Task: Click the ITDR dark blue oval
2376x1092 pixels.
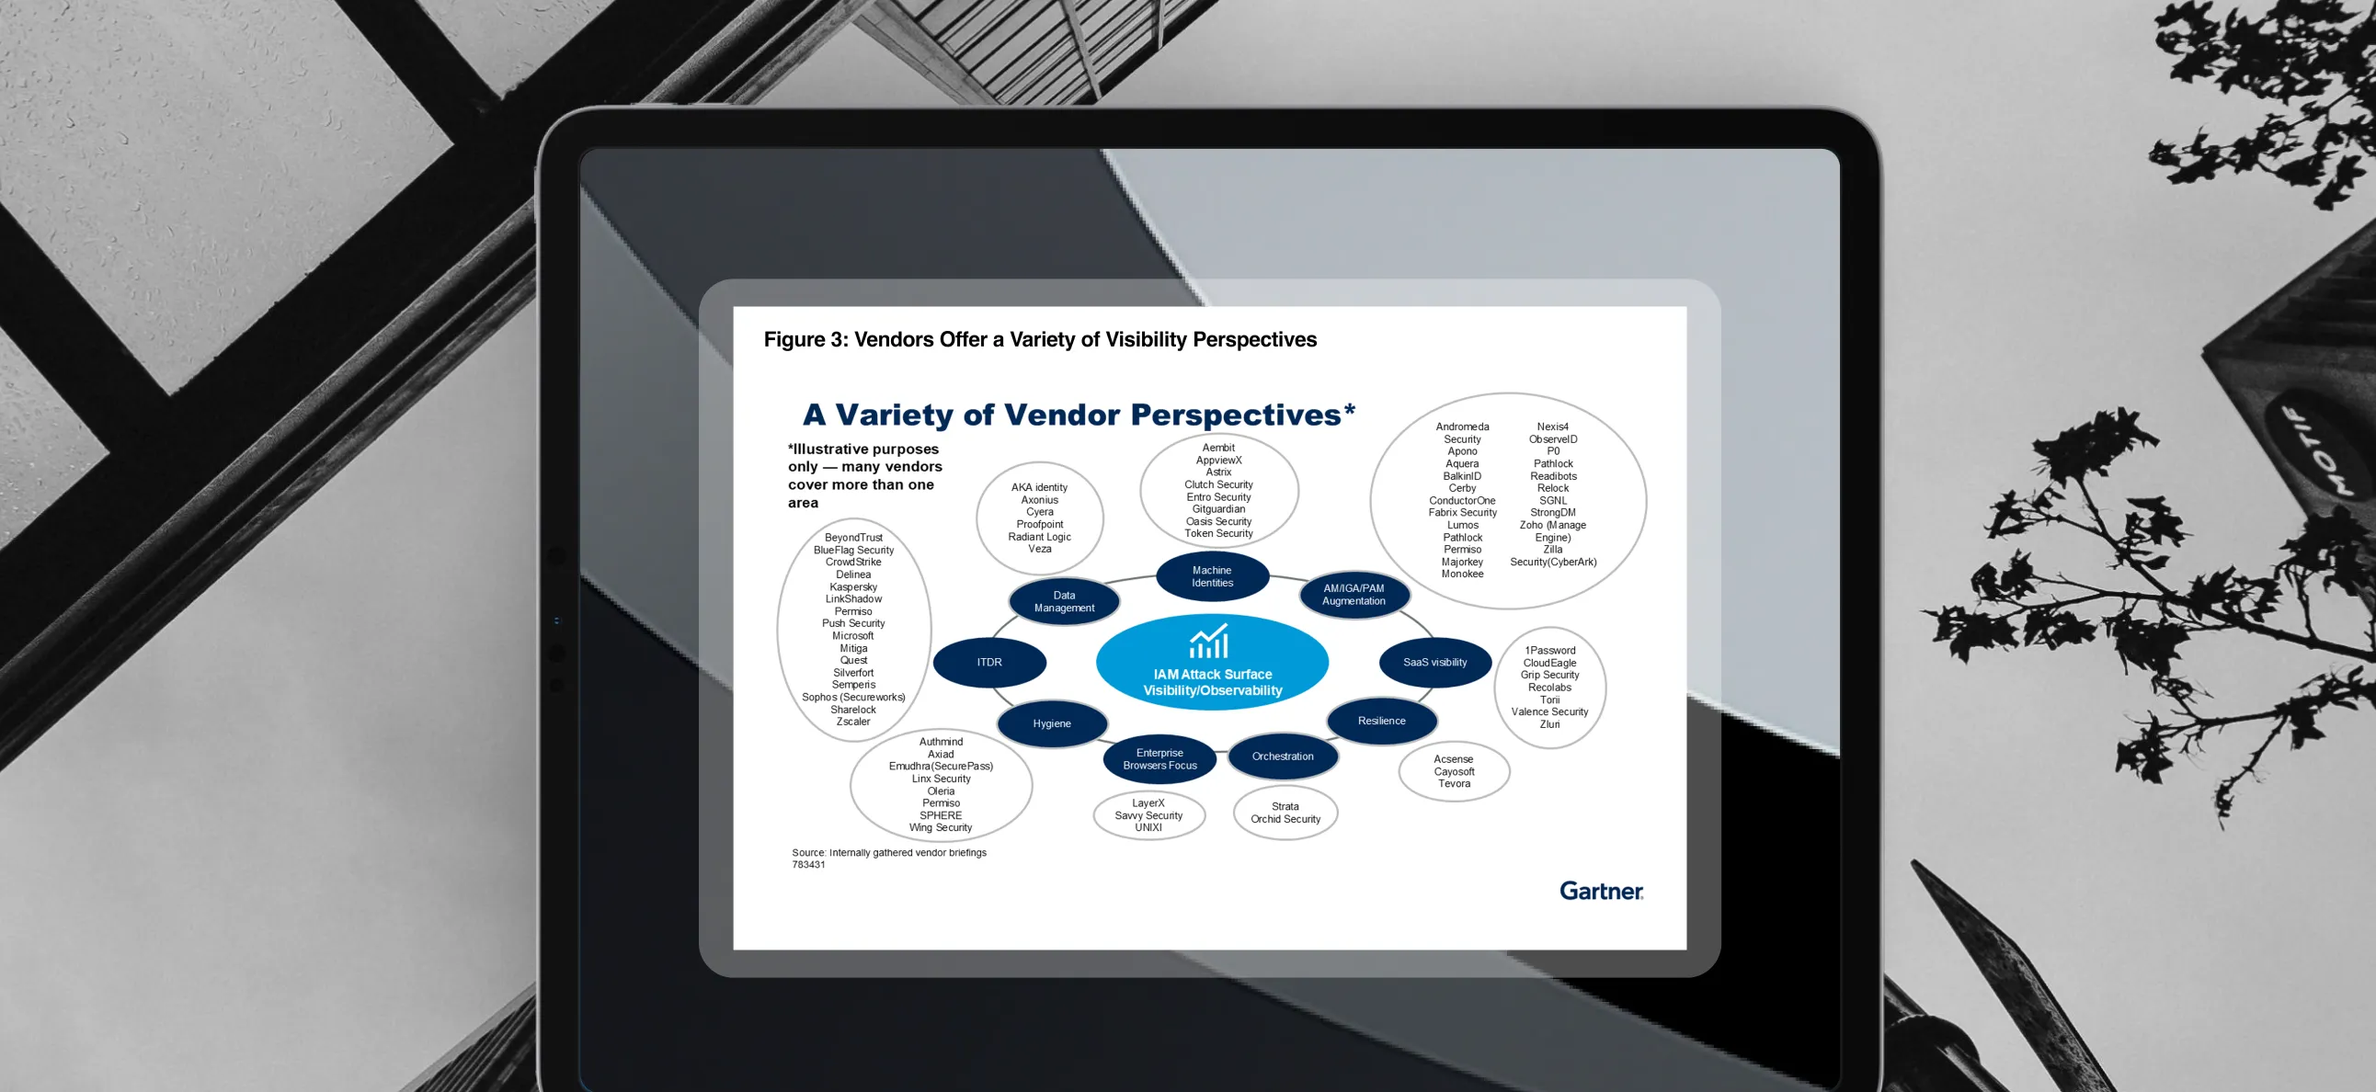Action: click(988, 662)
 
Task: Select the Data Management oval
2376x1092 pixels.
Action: click(1064, 601)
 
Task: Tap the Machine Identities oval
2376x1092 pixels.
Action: click(1212, 576)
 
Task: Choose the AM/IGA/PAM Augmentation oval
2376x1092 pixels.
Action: click(1354, 595)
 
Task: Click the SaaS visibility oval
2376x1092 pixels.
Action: click(1434, 662)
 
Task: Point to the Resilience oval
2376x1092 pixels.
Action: click(1381, 722)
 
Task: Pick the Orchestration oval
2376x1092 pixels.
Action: click(1282, 756)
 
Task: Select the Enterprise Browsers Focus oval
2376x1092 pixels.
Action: click(1159, 759)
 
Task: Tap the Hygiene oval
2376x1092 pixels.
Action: click(1052, 724)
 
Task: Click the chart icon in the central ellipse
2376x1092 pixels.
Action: click(1209, 642)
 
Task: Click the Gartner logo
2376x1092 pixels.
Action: click(1600, 891)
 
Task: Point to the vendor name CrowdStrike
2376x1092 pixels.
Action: click(853, 562)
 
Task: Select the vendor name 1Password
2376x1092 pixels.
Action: click(1549, 650)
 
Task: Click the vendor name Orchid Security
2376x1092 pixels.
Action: click(1285, 819)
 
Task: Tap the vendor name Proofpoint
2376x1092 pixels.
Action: click(1039, 524)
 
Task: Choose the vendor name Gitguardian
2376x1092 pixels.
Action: click(1218, 509)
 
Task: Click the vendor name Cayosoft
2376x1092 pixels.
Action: click(1454, 772)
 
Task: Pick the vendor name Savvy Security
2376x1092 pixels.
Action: click(1148, 815)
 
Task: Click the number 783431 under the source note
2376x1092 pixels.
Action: click(808, 865)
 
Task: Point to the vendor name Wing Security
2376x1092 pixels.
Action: click(940, 827)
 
